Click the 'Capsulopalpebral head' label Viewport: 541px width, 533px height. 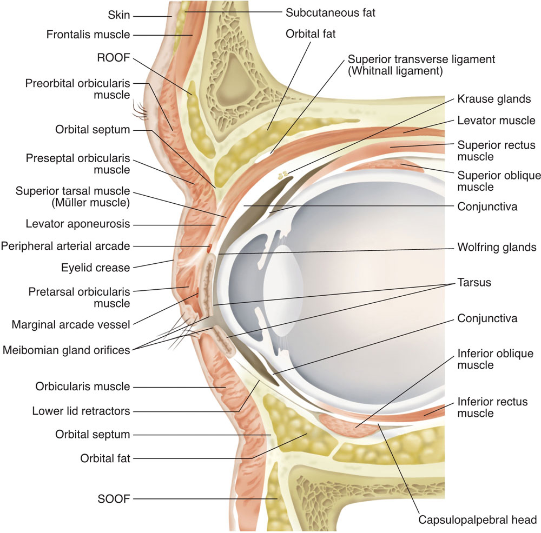[x=478, y=520]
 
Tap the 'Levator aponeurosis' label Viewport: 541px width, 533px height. [x=78, y=224]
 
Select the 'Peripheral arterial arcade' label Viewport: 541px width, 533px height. [x=65, y=246]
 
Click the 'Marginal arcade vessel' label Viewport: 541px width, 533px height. [x=71, y=325]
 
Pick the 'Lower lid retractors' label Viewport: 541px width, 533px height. [x=81, y=411]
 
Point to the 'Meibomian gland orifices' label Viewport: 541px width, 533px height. [x=67, y=350]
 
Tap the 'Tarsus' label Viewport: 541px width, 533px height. [x=474, y=283]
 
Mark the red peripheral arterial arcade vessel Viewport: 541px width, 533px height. [x=209, y=248]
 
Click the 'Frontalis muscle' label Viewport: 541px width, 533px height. [x=88, y=35]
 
